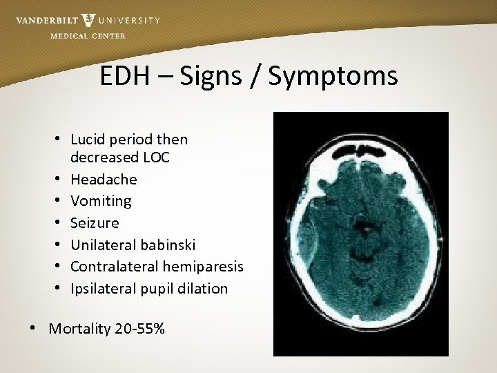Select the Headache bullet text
104,180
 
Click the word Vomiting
101,201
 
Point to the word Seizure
95,223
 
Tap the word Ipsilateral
105,289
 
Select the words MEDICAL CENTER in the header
88,36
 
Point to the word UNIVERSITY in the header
130,21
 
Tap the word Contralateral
113,267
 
